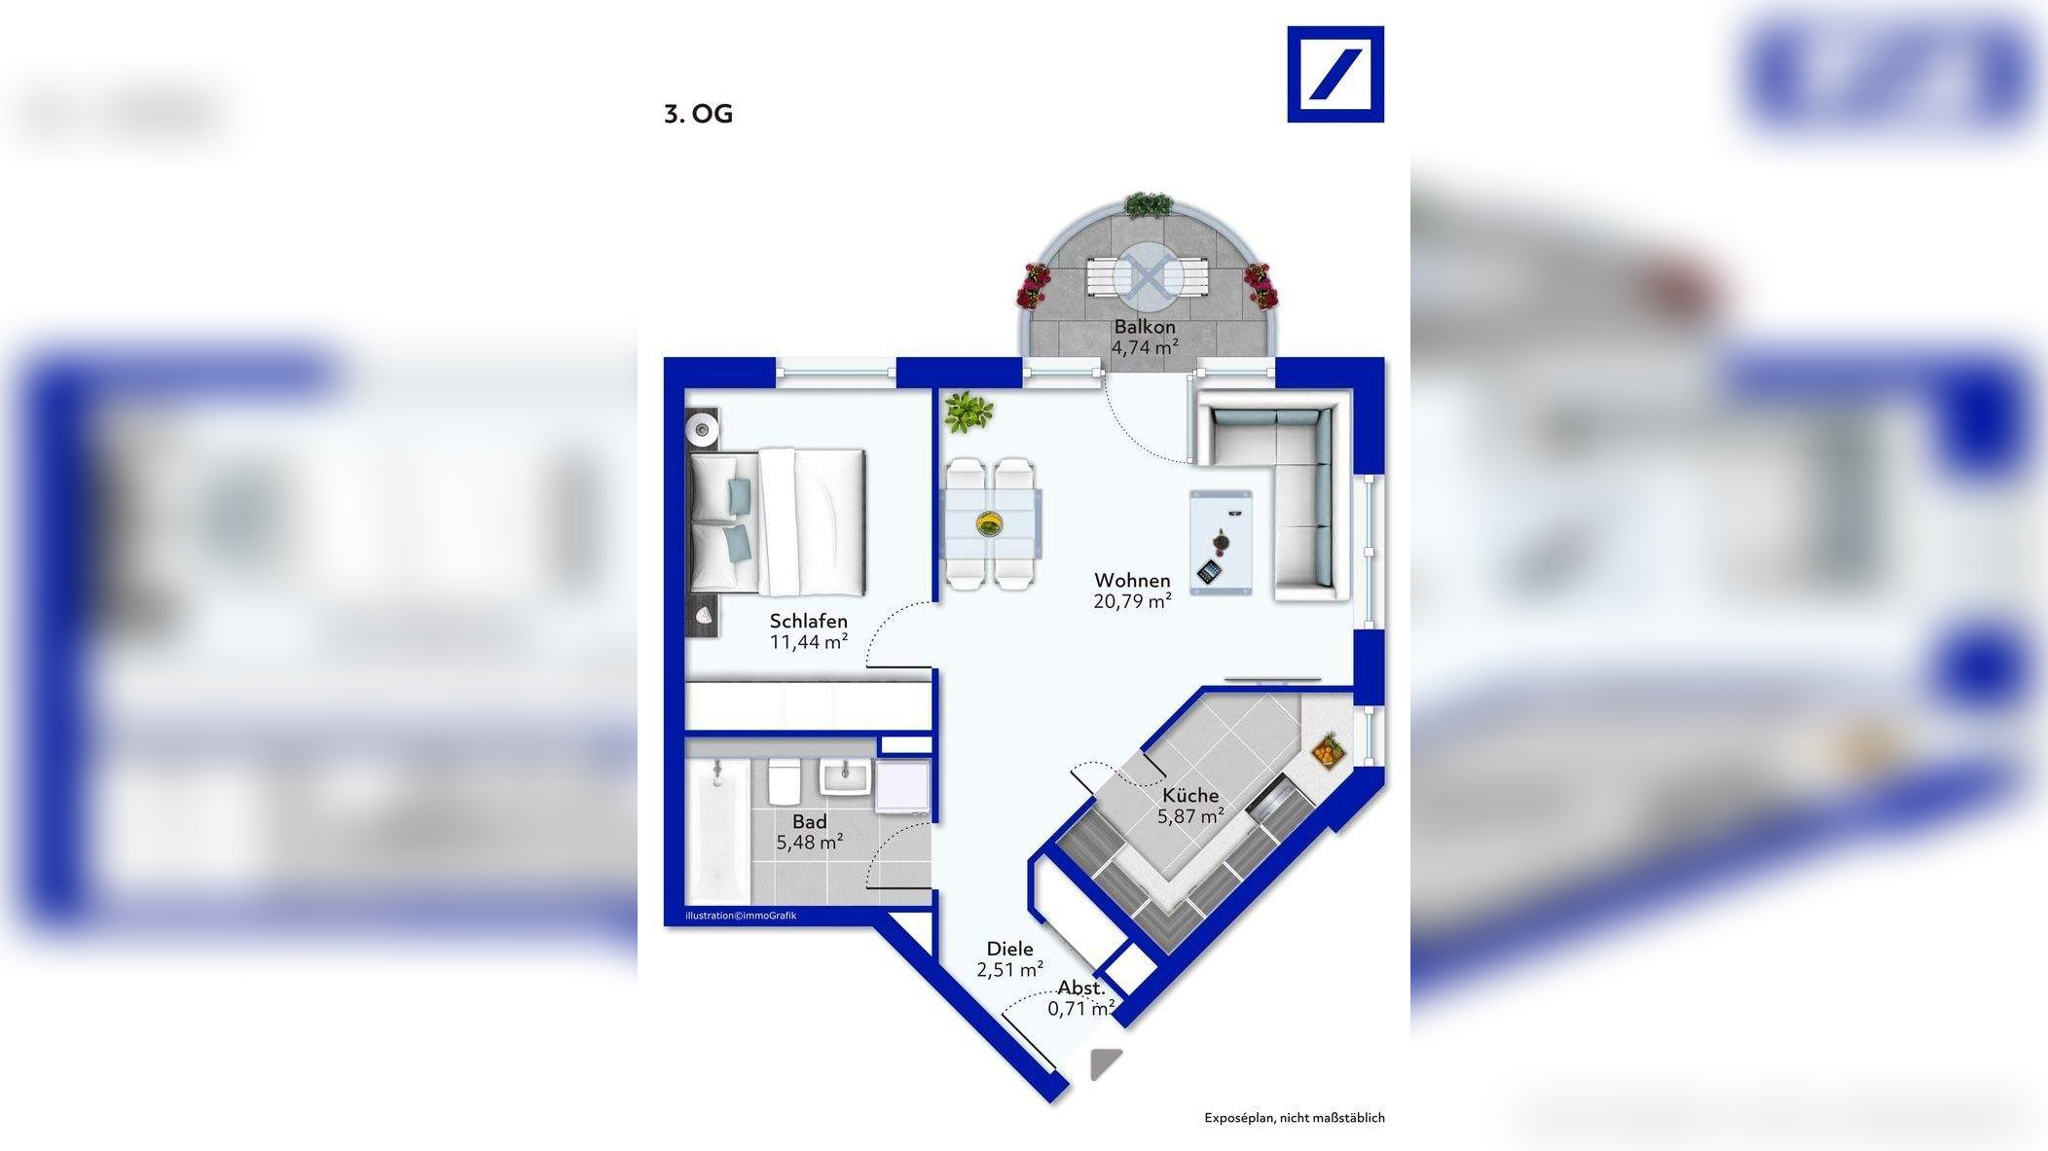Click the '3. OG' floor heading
pyautogui.click(x=698, y=114)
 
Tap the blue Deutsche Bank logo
pyautogui.click(x=1335, y=74)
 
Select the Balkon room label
pyautogui.click(x=1145, y=327)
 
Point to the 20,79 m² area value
pyautogui.click(x=1132, y=602)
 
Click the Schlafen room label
pyautogui.click(x=808, y=621)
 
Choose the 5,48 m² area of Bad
pyautogui.click(x=809, y=843)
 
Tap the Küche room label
pyautogui.click(x=1189, y=795)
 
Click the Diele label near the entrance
pyautogui.click(x=1009, y=949)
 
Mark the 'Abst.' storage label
pyautogui.click(x=1081, y=989)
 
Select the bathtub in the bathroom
pyautogui.click(x=717, y=832)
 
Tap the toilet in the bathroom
pyautogui.click(x=784, y=782)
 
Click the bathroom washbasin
pyautogui.click(x=844, y=777)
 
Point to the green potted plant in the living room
pyautogui.click(x=968, y=413)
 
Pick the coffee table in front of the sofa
pyautogui.click(x=1220, y=542)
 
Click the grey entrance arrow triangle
pyautogui.click(x=1104, y=1062)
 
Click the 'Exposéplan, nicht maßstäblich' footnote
pyautogui.click(x=1294, y=1118)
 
